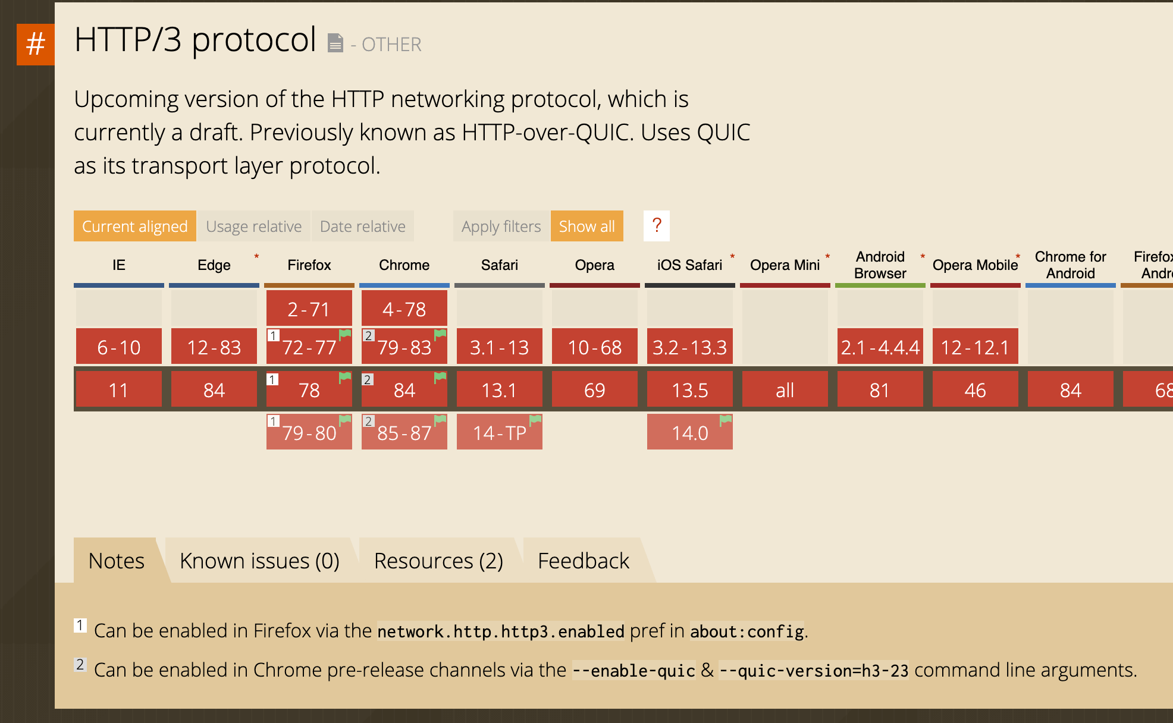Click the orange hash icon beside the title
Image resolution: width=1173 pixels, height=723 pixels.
[x=36, y=44]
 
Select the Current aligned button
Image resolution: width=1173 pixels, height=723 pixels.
[x=134, y=227]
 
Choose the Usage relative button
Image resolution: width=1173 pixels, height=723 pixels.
[x=253, y=227]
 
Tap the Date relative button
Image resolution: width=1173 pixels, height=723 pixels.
[x=362, y=227]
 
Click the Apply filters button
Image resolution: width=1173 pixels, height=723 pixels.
[x=501, y=227]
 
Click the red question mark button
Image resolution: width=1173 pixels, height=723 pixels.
[x=657, y=226]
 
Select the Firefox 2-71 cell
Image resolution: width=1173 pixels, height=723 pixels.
[x=309, y=309]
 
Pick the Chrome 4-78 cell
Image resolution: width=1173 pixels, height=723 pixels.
[x=404, y=309]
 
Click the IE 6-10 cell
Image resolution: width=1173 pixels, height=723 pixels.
[x=119, y=347]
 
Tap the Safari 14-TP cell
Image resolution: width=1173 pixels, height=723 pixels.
[x=499, y=432]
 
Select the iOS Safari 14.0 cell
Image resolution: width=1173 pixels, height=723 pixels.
[x=689, y=432]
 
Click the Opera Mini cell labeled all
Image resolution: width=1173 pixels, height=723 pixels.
[x=785, y=389]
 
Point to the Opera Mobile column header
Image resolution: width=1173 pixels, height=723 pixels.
[x=975, y=265]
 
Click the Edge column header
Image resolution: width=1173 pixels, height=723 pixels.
[x=214, y=265]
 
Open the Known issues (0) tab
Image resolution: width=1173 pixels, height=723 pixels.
[x=259, y=561]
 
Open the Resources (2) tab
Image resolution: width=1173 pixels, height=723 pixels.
[x=438, y=561]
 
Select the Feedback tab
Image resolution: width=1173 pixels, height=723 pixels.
[x=583, y=561]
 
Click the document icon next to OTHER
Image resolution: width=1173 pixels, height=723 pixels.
[x=335, y=43]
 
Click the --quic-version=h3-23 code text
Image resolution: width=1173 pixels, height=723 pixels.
[x=813, y=671]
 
